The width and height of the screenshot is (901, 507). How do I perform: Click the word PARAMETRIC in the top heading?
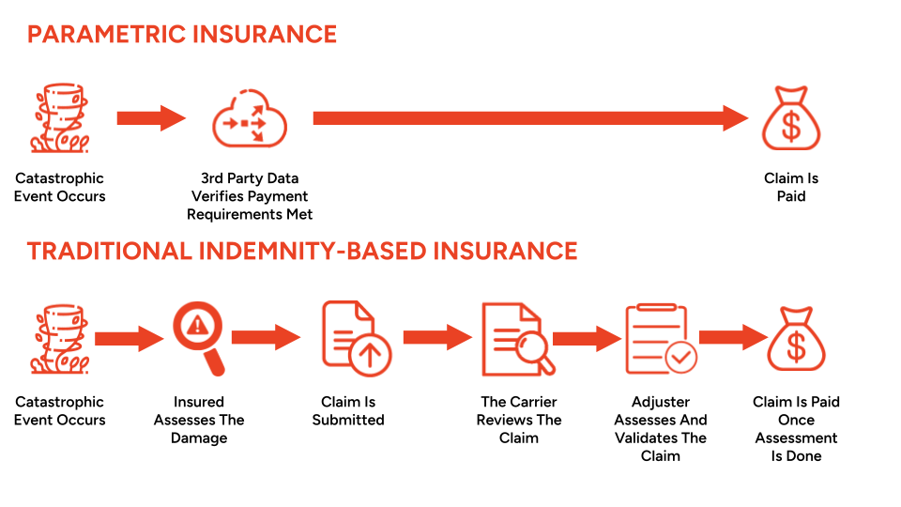point(106,35)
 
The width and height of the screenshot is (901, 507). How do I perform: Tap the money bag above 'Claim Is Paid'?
point(791,118)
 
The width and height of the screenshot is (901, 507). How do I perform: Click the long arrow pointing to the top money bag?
point(530,118)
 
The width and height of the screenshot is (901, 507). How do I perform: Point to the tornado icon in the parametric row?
point(60,118)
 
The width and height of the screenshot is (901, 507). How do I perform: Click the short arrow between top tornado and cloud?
point(151,118)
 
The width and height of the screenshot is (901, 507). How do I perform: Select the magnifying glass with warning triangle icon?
point(199,338)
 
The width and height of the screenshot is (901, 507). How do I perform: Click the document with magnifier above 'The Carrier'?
point(518,339)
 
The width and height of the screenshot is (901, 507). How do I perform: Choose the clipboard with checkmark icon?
point(661,339)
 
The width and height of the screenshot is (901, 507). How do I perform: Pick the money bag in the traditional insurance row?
point(797,339)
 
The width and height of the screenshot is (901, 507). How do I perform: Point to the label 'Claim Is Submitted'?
point(348,410)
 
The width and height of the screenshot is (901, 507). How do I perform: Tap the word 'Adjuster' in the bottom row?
point(661,402)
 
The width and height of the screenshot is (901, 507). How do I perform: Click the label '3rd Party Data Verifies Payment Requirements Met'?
point(250,196)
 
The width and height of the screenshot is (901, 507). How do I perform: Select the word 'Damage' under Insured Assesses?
point(199,438)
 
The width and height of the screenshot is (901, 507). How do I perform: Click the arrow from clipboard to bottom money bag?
point(733,337)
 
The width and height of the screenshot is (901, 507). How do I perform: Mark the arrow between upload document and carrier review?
point(438,337)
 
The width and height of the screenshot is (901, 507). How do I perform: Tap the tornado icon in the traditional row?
point(60,339)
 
